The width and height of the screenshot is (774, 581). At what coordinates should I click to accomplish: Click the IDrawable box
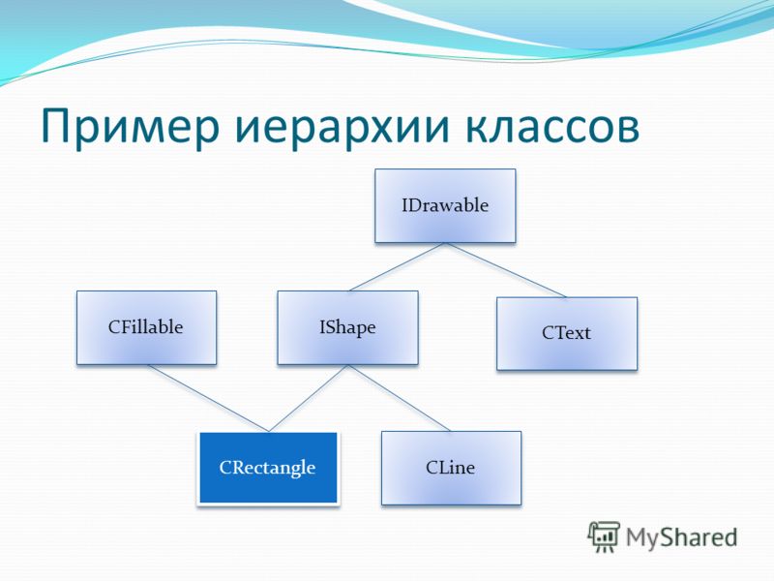(445, 205)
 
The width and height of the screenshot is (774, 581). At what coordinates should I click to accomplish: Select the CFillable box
(147, 327)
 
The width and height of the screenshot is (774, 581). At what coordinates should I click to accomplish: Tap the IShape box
(348, 327)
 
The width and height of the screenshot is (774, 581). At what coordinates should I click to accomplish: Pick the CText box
(567, 333)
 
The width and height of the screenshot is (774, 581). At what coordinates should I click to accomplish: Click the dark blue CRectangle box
(269, 468)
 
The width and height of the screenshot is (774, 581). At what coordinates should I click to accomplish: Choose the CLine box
(451, 468)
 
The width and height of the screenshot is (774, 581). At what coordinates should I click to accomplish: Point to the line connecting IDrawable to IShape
(398, 267)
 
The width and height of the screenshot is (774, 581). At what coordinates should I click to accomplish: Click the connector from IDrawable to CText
(506, 270)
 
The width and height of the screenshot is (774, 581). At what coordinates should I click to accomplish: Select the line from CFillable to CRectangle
(208, 398)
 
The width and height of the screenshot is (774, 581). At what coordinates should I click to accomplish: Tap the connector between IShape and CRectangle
(309, 398)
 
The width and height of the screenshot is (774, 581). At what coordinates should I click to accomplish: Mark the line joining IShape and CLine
(400, 398)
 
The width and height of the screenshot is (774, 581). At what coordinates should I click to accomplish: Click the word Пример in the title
(130, 127)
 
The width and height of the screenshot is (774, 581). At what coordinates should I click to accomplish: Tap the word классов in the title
(552, 127)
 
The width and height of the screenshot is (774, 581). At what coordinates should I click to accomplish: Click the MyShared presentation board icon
(603, 536)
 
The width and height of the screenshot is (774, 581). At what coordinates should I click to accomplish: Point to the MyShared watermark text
(682, 538)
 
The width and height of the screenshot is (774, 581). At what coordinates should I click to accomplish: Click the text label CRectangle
(267, 468)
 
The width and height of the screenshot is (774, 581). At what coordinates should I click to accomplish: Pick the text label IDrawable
(445, 205)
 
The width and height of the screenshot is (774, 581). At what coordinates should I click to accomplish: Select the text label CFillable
(146, 327)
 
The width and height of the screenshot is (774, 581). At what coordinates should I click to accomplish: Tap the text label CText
(566, 333)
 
